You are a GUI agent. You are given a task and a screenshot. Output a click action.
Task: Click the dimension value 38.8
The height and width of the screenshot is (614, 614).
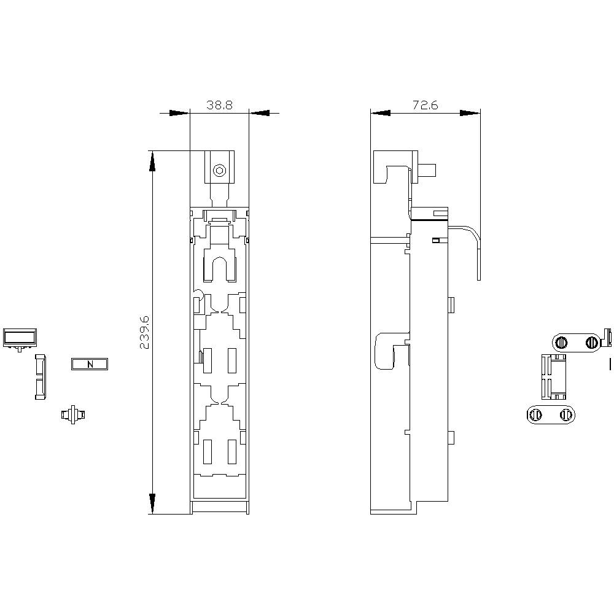coord(219,105)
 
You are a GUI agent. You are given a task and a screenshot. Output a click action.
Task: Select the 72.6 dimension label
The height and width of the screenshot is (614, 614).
coord(425,105)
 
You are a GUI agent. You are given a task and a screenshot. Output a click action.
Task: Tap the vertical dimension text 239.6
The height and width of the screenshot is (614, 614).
coord(145,332)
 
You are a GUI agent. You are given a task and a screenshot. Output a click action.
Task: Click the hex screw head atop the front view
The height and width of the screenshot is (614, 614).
coord(219,171)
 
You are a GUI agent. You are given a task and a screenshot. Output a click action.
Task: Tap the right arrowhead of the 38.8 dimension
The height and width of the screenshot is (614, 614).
coord(259,113)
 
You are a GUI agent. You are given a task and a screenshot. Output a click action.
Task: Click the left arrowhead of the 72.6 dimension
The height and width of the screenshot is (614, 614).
coord(381,113)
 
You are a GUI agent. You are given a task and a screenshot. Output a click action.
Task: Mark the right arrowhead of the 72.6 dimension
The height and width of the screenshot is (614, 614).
coord(470,113)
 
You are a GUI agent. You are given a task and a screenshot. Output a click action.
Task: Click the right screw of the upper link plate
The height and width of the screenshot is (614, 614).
coord(591,342)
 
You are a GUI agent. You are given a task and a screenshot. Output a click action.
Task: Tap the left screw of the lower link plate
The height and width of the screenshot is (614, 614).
coord(535,415)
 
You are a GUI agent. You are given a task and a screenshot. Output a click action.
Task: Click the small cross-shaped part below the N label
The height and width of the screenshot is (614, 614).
coord(72,414)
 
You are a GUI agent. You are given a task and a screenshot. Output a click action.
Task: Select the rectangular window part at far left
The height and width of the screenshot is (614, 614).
coord(20,337)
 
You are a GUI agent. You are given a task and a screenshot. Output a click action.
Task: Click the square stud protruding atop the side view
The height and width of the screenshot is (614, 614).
coord(429,169)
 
